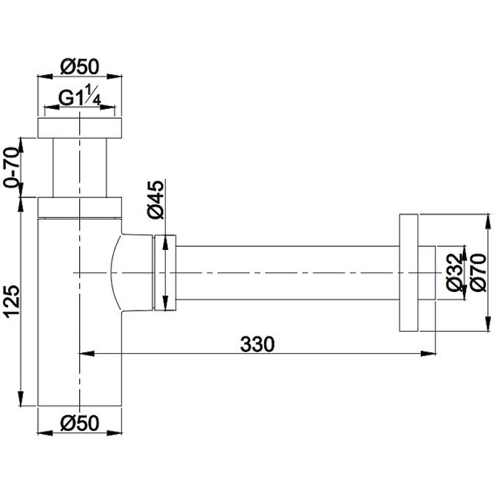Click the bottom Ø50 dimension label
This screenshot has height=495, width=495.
coord(80,423)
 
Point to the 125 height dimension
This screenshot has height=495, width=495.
coord(12,301)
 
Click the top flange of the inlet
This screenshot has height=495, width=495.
coord(80,127)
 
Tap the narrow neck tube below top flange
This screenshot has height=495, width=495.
coord(80,167)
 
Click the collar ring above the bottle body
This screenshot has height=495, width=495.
coord(80,207)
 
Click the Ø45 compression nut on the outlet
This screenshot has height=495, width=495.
coord(165,272)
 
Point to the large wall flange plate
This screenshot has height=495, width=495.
coord(408,272)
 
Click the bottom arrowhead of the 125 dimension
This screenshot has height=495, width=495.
coord(22,400)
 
